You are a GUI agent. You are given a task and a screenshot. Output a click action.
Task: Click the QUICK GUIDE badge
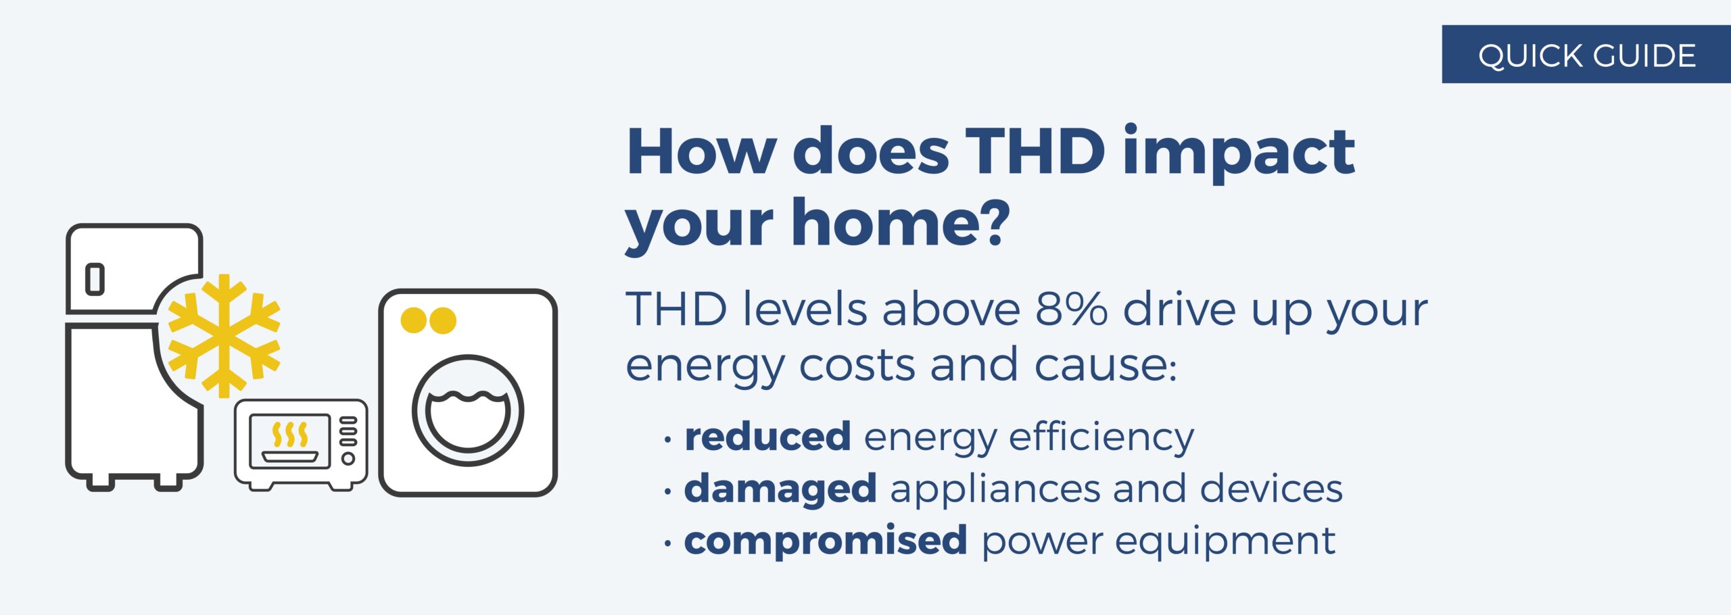pyautogui.click(x=1586, y=55)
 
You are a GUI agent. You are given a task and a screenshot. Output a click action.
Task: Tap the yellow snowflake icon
pyautogui.click(x=224, y=335)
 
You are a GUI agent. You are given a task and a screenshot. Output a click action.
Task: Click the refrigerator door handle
pyautogui.click(x=95, y=279)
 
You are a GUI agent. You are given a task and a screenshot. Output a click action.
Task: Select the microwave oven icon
pyautogui.click(x=301, y=443)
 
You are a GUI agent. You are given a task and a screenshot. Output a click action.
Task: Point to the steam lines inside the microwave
pyautogui.click(x=289, y=435)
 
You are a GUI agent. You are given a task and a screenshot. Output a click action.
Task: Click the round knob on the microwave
pyautogui.click(x=348, y=459)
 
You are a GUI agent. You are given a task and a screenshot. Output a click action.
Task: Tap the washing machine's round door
pyautogui.click(x=468, y=410)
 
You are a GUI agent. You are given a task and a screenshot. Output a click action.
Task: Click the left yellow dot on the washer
pyautogui.click(x=413, y=320)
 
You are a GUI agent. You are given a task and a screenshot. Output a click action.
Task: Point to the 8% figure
pyautogui.click(x=1071, y=310)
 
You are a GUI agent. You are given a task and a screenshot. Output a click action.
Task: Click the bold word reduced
pyautogui.click(x=767, y=437)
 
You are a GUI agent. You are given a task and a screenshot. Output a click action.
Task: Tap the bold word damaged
pyautogui.click(x=780, y=489)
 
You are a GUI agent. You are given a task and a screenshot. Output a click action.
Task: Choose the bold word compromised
pyautogui.click(x=826, y=541)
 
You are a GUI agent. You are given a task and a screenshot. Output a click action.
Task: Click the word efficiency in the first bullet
pyautogui.click(x=1101, y=438)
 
